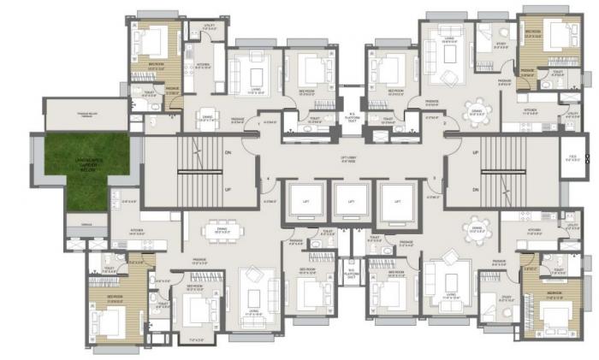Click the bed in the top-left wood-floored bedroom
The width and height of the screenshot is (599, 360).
155,41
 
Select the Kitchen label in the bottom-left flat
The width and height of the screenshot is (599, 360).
137,230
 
